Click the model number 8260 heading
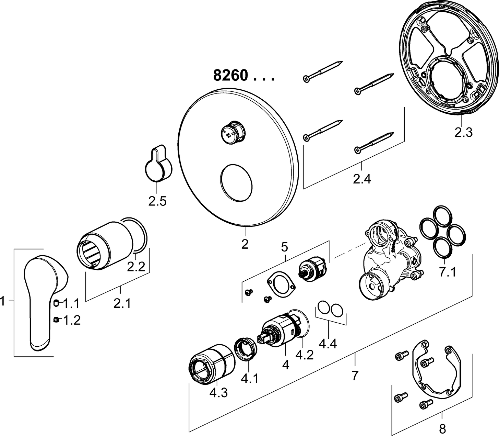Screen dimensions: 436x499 coord(230,75)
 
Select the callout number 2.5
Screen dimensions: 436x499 coord(157,201)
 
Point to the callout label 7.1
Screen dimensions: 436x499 coord(448,272)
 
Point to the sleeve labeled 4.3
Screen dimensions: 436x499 coord(212,364)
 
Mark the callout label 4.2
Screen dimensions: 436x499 coord(305,355)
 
